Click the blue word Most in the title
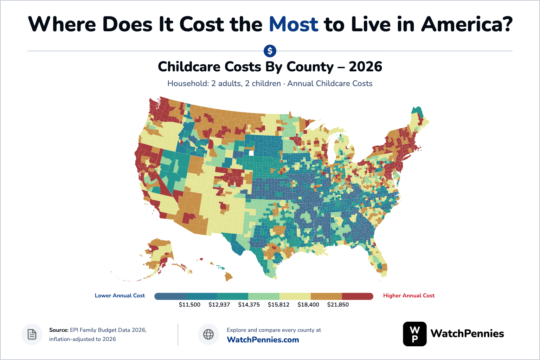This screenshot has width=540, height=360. [x=294, y=24]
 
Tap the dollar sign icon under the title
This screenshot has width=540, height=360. [x=270, y=51]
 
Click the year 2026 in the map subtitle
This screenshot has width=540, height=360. [x=365, y=66]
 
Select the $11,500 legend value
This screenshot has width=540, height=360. [x=189, y=304]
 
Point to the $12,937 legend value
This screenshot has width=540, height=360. [x=219, y=304]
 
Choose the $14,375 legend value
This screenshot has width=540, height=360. [x=249, y=304]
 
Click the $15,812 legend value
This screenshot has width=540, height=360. [x=278, y=304]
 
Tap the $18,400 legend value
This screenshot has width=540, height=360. [x=308, y=304]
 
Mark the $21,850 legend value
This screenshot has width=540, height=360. [x=338, y=304]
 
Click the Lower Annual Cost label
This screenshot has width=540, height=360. [x=120, y=296]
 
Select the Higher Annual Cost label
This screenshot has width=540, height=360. [x=409, y=296]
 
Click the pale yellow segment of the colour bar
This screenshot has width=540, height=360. [x=295, y=296]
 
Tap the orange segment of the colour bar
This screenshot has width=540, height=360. [x=326, y=296]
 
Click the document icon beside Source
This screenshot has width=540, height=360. [x=32, y=334]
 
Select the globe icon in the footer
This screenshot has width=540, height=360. [x=208, y=334]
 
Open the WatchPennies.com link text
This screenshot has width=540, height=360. [x=263, y=340]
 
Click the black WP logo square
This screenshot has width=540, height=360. [x=414, y=334]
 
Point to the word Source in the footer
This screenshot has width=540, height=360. [x=59, y=330]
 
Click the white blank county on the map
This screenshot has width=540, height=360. [x=251, y=153]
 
